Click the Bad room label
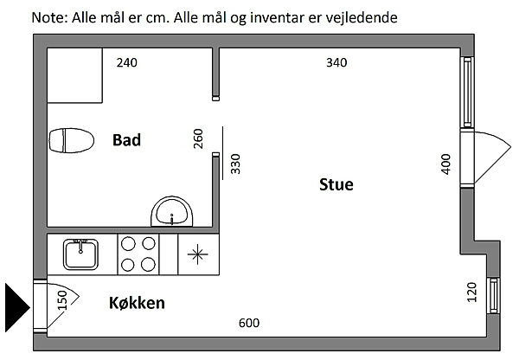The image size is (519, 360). [126, 140]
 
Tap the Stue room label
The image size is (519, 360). [336, 184]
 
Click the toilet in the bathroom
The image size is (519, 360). [71, 140]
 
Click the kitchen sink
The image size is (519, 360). [82, 254]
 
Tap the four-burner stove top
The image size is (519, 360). [138, 254]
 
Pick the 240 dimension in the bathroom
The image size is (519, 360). [127, 62]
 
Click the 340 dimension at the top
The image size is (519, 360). [336, 62]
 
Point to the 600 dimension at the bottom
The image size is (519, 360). [249, 324]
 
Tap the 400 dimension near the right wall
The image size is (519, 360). [446, 164]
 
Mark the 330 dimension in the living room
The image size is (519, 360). [235, 164]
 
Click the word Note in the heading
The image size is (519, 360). [48, 16]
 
